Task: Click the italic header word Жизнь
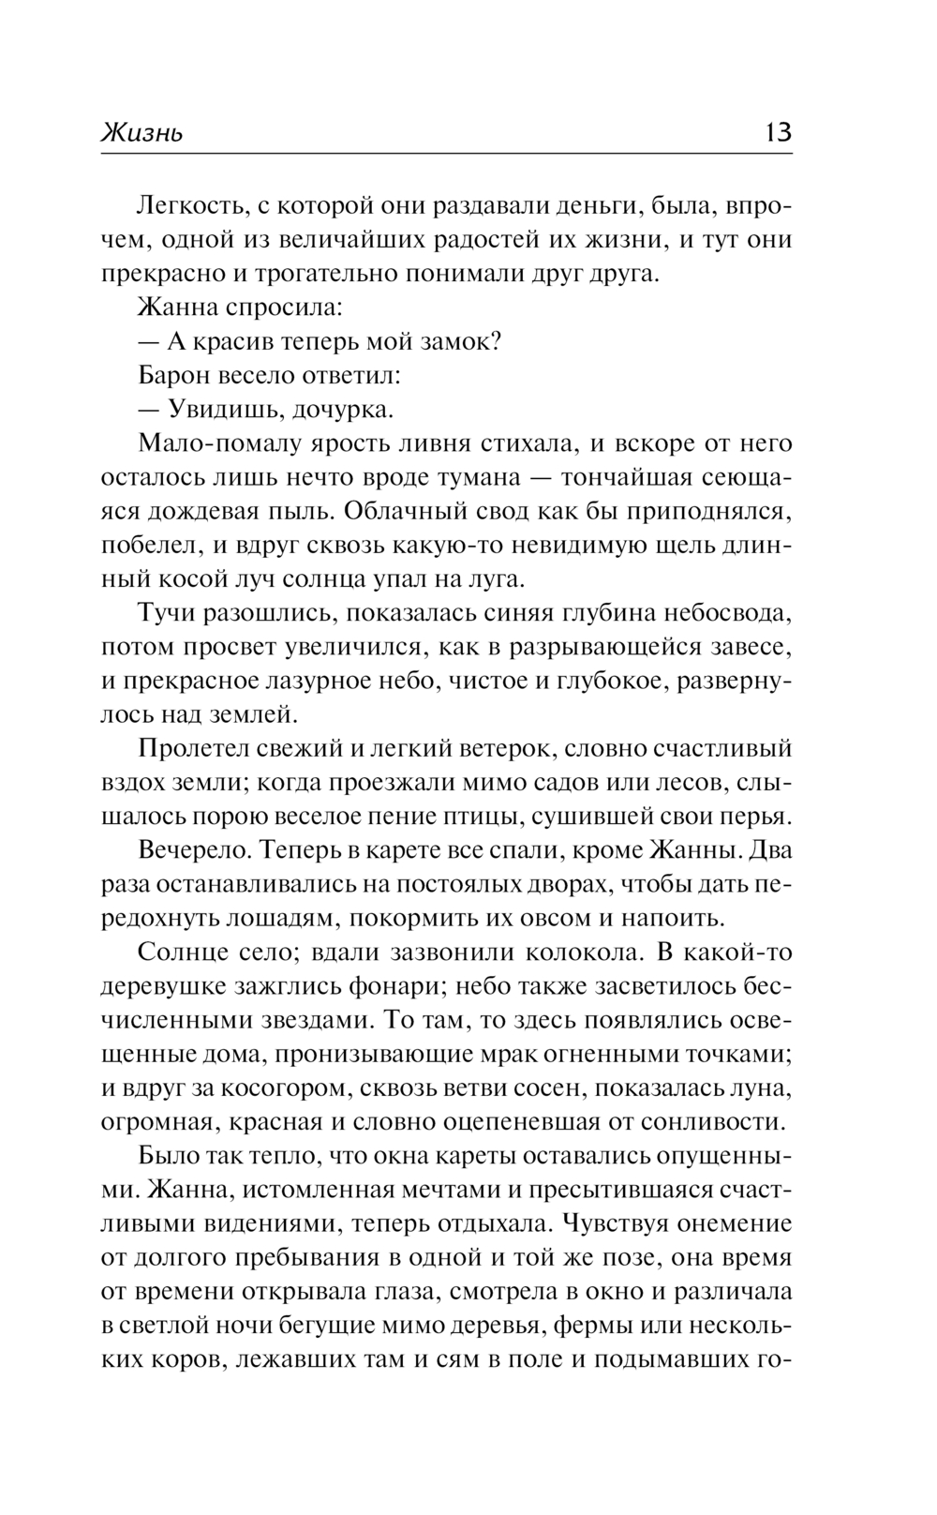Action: (x=141, y=133)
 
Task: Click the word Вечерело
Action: (x=191, y=850)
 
